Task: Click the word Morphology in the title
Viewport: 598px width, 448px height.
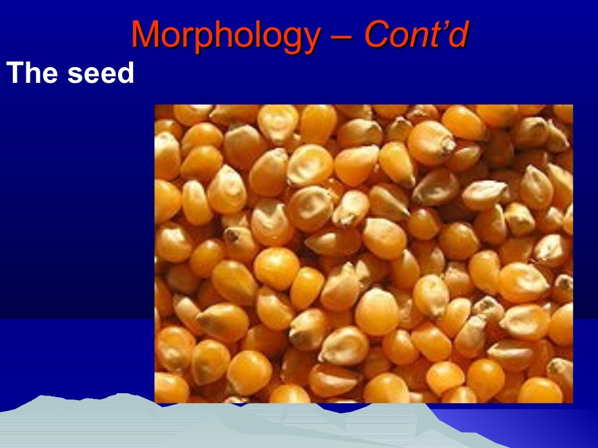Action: tap(225, 35)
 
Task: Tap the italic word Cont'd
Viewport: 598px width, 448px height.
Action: tap(416, 35)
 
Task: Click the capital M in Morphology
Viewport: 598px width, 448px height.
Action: tap(144, 34)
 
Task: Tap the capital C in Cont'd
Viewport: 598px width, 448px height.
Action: tap(376, 35)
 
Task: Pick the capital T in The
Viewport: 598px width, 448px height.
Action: tap(14, 74)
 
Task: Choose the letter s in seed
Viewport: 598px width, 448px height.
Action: tap(75, 76)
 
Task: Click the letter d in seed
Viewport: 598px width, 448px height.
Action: tap(126, 74)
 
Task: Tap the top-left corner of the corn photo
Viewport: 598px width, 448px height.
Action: tap(155, 105)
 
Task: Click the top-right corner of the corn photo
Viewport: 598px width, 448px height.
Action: tap(572, 105)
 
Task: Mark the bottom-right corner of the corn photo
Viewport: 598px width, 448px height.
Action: tap(572, 402)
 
